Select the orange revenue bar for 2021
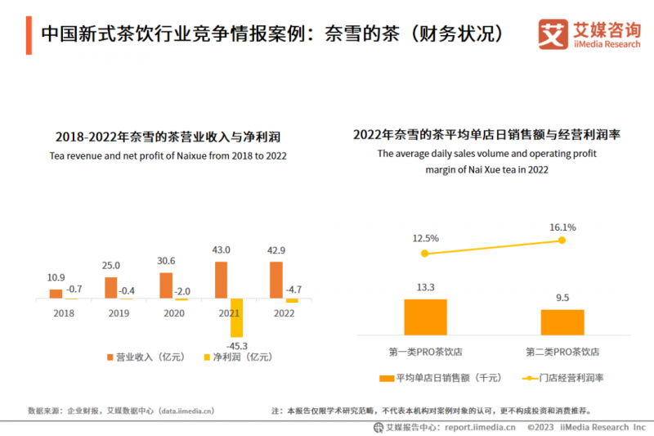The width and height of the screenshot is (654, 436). click(x=221, y=280)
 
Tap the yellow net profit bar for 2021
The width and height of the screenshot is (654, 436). click(x=236, y=317)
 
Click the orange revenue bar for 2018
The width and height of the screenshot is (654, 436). click(x=56, y=294)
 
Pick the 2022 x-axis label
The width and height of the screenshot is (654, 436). click(x=284, y=312)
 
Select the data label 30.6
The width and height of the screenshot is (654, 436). click(x=166, y=262)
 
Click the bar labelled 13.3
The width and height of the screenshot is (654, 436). click(x=425, y=316)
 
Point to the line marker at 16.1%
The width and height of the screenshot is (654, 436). click(x=562, y=240)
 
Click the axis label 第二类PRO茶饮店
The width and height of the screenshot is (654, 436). click(x=562, y=352)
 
